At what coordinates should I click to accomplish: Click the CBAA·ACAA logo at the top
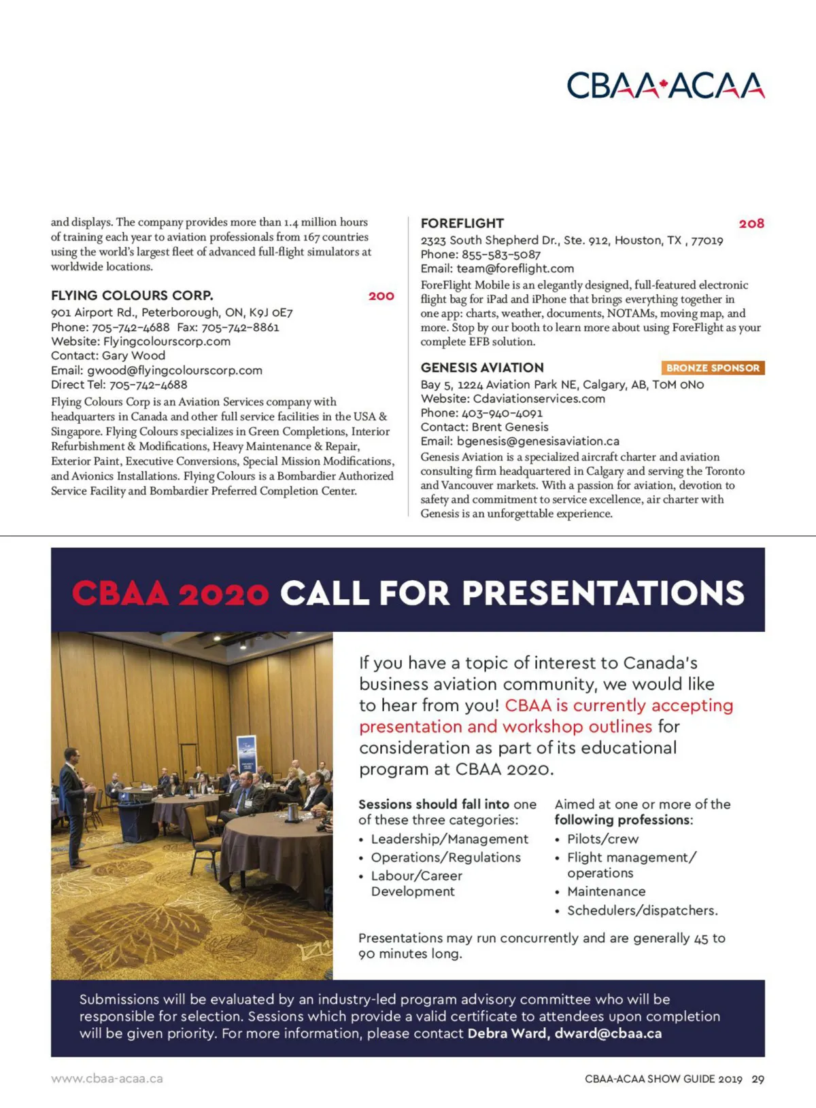[665, 86]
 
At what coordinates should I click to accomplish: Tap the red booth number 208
[751, 224]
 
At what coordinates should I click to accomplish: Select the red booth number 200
[381, 296]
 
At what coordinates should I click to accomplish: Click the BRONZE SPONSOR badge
[713, 368]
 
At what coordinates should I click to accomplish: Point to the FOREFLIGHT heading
[462, 224]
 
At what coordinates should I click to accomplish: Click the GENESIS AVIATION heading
[482, 368]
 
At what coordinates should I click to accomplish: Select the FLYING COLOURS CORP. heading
[132, 296]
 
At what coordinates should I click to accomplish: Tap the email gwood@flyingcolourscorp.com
[175, 370]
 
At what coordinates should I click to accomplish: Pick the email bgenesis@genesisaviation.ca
[538, 441]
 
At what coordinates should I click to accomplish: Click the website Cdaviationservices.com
[539, 399]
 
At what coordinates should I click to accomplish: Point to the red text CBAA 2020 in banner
[170, 593]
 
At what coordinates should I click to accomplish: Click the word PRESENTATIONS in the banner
[603, 593]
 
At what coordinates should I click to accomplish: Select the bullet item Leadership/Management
[449, 839]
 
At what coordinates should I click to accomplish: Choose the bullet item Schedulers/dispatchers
[642, 910]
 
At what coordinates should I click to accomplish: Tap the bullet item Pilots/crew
[602, 839]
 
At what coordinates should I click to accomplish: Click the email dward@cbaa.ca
[608, 1033]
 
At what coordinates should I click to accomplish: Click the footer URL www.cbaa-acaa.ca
[107, 1079]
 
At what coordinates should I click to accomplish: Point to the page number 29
[758, 1079]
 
